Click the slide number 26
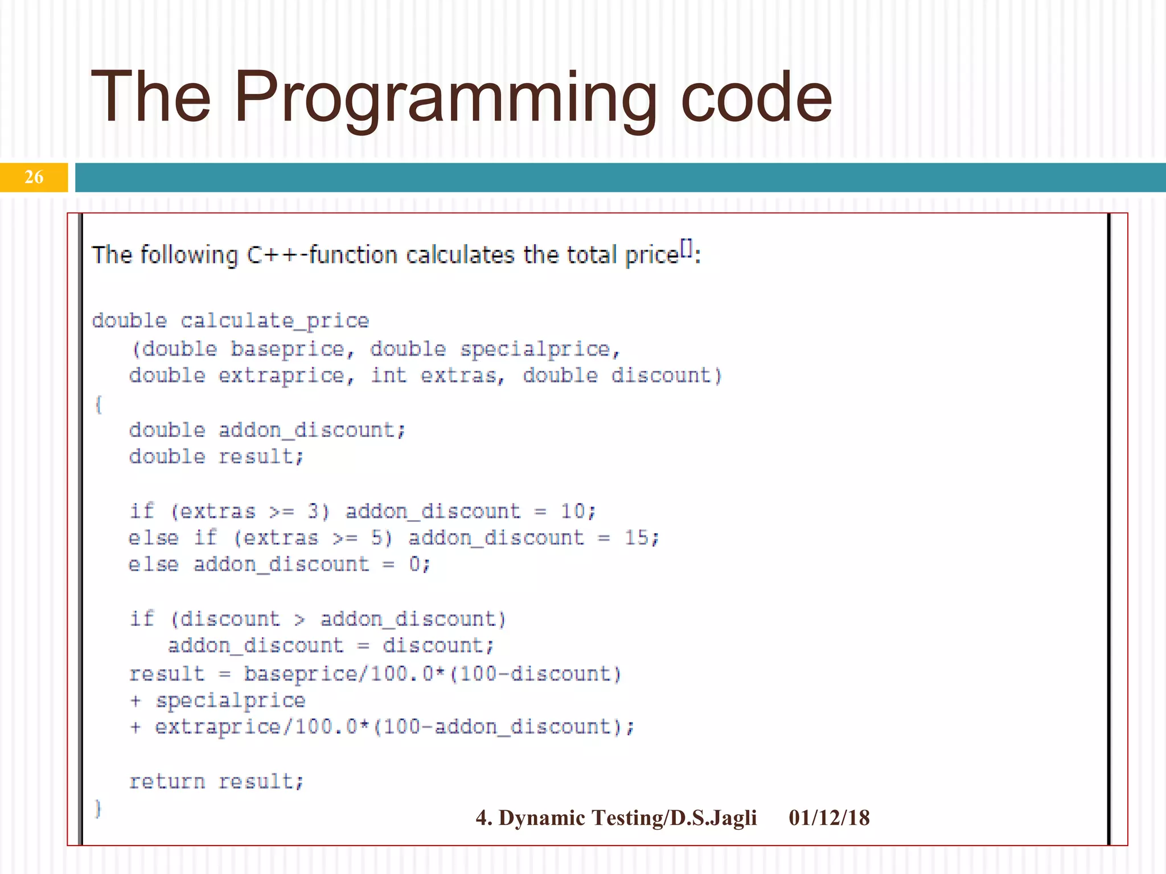[x=34, y=177]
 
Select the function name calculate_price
[x=275, y=321]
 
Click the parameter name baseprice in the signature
[x=288, y=349]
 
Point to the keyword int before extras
[x=389, y=376]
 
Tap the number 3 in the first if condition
[x=313, y=511]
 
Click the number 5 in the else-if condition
[x=377, y=538]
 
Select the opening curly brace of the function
[x=98, y=405]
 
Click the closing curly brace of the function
[x=98, y=807]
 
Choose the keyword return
[x=167, y=781]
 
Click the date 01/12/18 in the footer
[x=829, y=818]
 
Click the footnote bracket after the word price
[x=687, y=249]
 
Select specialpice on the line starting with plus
[x=231, y=700]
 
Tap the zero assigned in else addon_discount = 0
[x=414, y=564]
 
